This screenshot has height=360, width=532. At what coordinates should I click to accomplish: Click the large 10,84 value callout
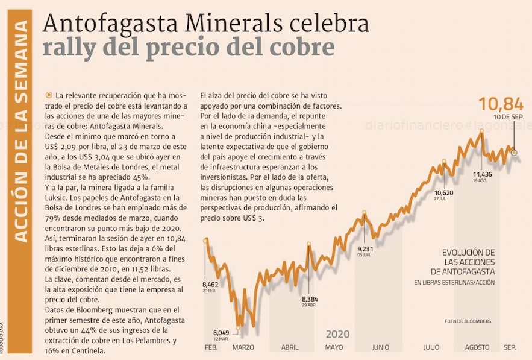tap(501, 104)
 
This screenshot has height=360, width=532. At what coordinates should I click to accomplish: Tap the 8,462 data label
tap(211, 283)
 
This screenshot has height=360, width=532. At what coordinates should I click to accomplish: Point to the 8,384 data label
tap(310, 298)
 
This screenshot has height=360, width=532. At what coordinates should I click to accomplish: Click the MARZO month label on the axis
tap(244, 347)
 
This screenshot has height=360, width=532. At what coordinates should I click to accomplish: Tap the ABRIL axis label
tap(290, 347)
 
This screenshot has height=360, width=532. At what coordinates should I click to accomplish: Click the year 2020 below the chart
tap(338, 334)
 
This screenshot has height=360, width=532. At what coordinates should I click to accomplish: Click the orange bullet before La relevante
tap(48, 96)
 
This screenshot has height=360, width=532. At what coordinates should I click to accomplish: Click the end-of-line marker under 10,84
tap(514, 153)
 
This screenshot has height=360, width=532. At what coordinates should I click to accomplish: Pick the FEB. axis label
tap(211, 347)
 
